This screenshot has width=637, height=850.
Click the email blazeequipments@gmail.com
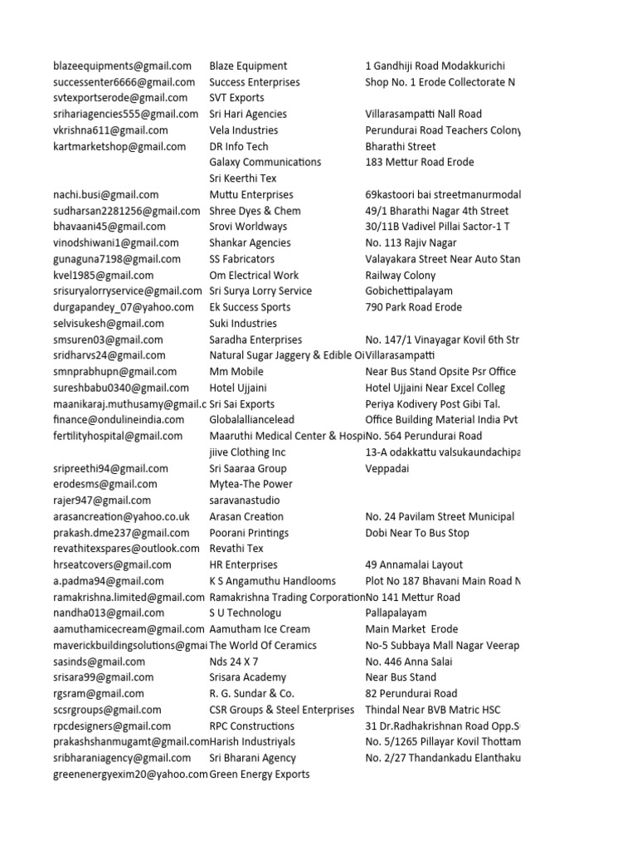(x=122, y=66)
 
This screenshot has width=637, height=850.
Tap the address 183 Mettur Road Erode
(x=420, y=162)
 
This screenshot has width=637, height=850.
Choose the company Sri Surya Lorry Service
(x=260, y=291)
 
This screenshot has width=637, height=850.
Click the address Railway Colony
(x=401, y=275)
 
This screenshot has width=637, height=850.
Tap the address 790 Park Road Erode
(x=415, y=307)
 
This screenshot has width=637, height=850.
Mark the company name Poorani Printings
(x=249, y=533)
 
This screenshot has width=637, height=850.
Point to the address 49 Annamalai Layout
(x=414, y=565)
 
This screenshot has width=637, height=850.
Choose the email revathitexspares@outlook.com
(x=126, y=549)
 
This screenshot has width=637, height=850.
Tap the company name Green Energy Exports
(x=260, y=774)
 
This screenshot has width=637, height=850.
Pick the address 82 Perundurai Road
(x=411, y=694)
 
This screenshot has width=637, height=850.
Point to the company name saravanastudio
(x=245, y=501)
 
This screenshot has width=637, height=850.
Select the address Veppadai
(x=387, y=468)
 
